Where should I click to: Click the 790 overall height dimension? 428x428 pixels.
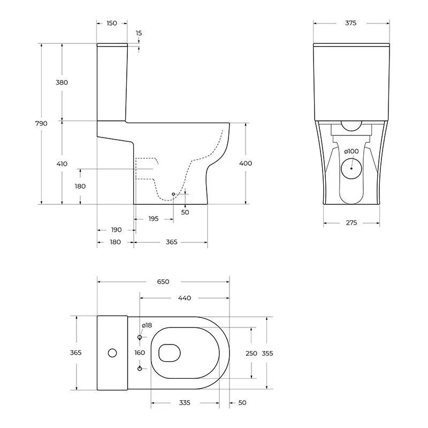click(x=41, y=124)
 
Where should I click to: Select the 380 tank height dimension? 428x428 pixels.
click(x=62, y=82)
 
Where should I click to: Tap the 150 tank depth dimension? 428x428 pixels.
click(x=112, y=23)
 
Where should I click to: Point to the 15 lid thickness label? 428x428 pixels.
click(x=139, y=33)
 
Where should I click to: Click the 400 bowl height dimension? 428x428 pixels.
click(x=246, y=163)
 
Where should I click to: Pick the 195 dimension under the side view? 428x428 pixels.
click(x=154, y=219)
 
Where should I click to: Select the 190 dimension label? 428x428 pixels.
click(x=116, y=230)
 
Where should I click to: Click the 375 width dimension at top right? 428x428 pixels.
click(x=351, y=23)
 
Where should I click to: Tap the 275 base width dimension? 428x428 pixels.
click(x=351, y=223)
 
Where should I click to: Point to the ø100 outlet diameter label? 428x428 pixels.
click(x=351, y=151)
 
